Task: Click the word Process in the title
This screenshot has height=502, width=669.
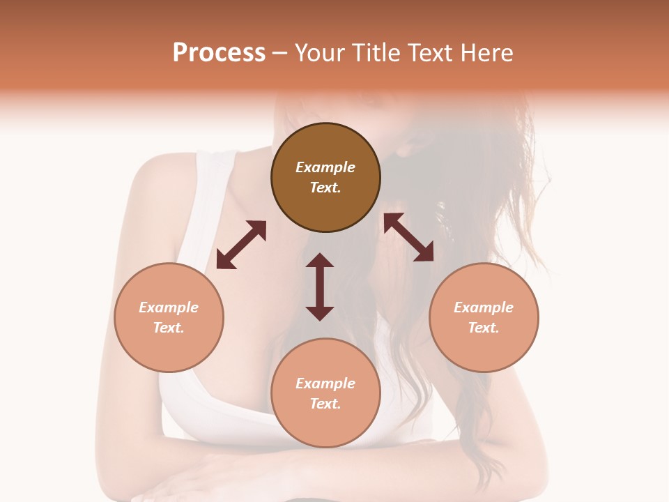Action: (x=219, y=53)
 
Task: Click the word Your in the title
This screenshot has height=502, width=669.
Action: (x=321, y=53)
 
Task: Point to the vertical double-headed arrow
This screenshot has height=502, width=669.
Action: (x=320, y=287)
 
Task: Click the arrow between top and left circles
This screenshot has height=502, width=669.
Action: (x=241, y=245)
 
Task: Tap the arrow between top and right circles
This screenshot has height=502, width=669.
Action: (x=409, y=237)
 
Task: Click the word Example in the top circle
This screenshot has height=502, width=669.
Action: (x=325, y=167)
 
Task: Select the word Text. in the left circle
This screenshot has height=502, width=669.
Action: (x=169, y=328)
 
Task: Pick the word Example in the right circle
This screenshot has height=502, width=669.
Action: (x=484, y=307)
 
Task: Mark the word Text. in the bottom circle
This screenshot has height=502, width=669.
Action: (x=325, y=404)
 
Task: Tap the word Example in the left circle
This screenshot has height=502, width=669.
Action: (x=169, y=307)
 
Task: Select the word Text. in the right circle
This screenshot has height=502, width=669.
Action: (x=484, y=328)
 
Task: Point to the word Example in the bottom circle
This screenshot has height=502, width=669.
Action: (x=325, y=383)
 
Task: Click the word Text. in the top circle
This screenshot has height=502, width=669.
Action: (x=325, y=188)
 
